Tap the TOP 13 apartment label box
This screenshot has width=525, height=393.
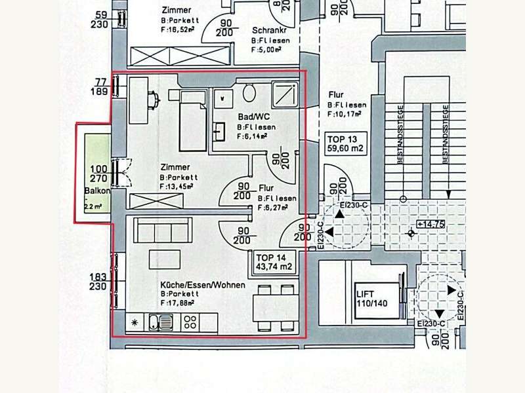[345, 143]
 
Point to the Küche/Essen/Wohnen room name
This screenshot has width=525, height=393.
[203, 285]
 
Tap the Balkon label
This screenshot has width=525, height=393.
[96, 191]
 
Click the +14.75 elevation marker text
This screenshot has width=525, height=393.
[430, 223]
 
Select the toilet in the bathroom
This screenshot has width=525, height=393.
[249, 92]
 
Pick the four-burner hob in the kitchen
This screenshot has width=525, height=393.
[191, 322]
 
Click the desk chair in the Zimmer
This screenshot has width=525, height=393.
[156, 100]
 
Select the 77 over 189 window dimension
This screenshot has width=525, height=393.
[100, 86]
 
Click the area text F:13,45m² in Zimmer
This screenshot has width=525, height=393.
[177, 187]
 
